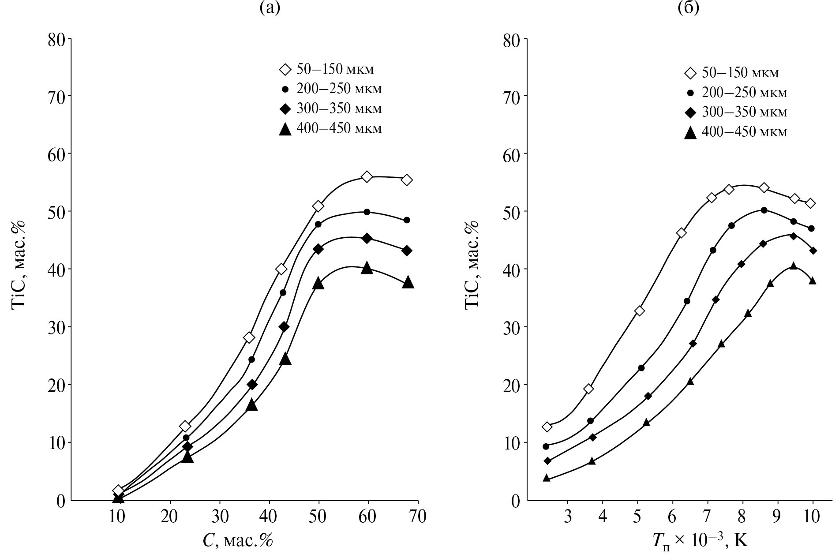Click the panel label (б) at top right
[689, 7]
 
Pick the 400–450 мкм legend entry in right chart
[735, 132]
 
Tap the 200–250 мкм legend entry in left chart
[331, 89]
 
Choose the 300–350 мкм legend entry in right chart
[735, 112]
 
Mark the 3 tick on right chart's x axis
[567, 516]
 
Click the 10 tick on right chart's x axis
[812, 516]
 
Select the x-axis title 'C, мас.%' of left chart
[238, 540]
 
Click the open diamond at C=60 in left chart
[367, 176]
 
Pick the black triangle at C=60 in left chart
[367, 268]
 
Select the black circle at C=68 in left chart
[407, 220]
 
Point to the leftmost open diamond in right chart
[547, 427]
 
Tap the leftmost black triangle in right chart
[547, 478]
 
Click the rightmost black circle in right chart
[811, 228]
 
